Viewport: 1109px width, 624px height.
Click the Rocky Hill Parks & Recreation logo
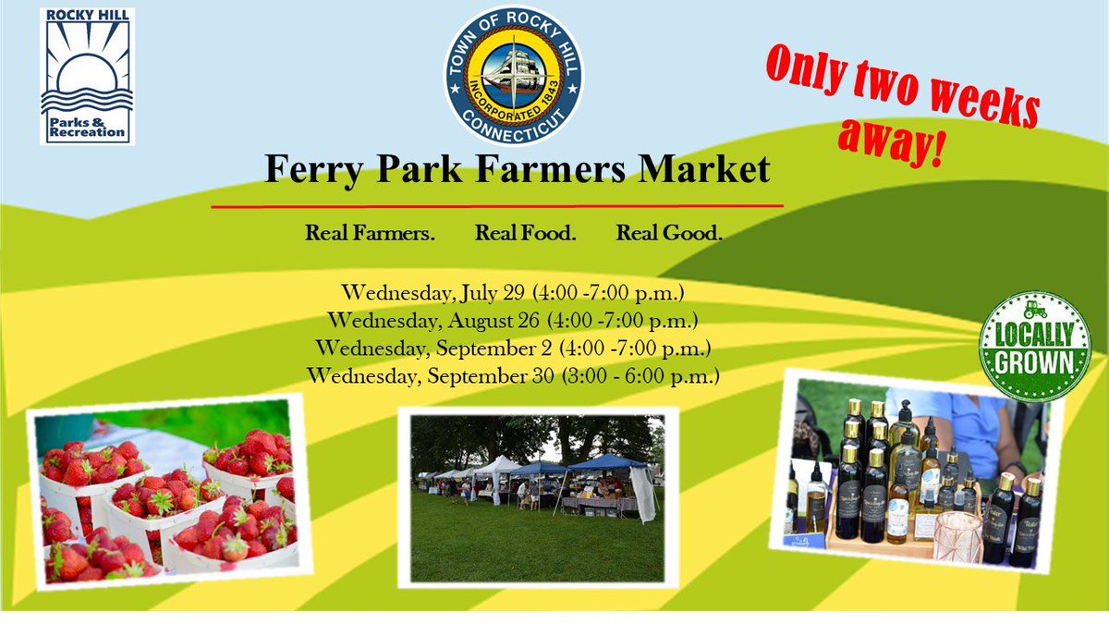pos(87,76)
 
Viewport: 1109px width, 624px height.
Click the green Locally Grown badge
pos(1034,347)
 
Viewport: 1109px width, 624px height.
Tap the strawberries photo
pos(166,500)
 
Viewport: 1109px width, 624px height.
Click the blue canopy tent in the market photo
pos(605,462)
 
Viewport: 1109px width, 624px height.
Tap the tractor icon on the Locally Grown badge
pos(1035,311)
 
